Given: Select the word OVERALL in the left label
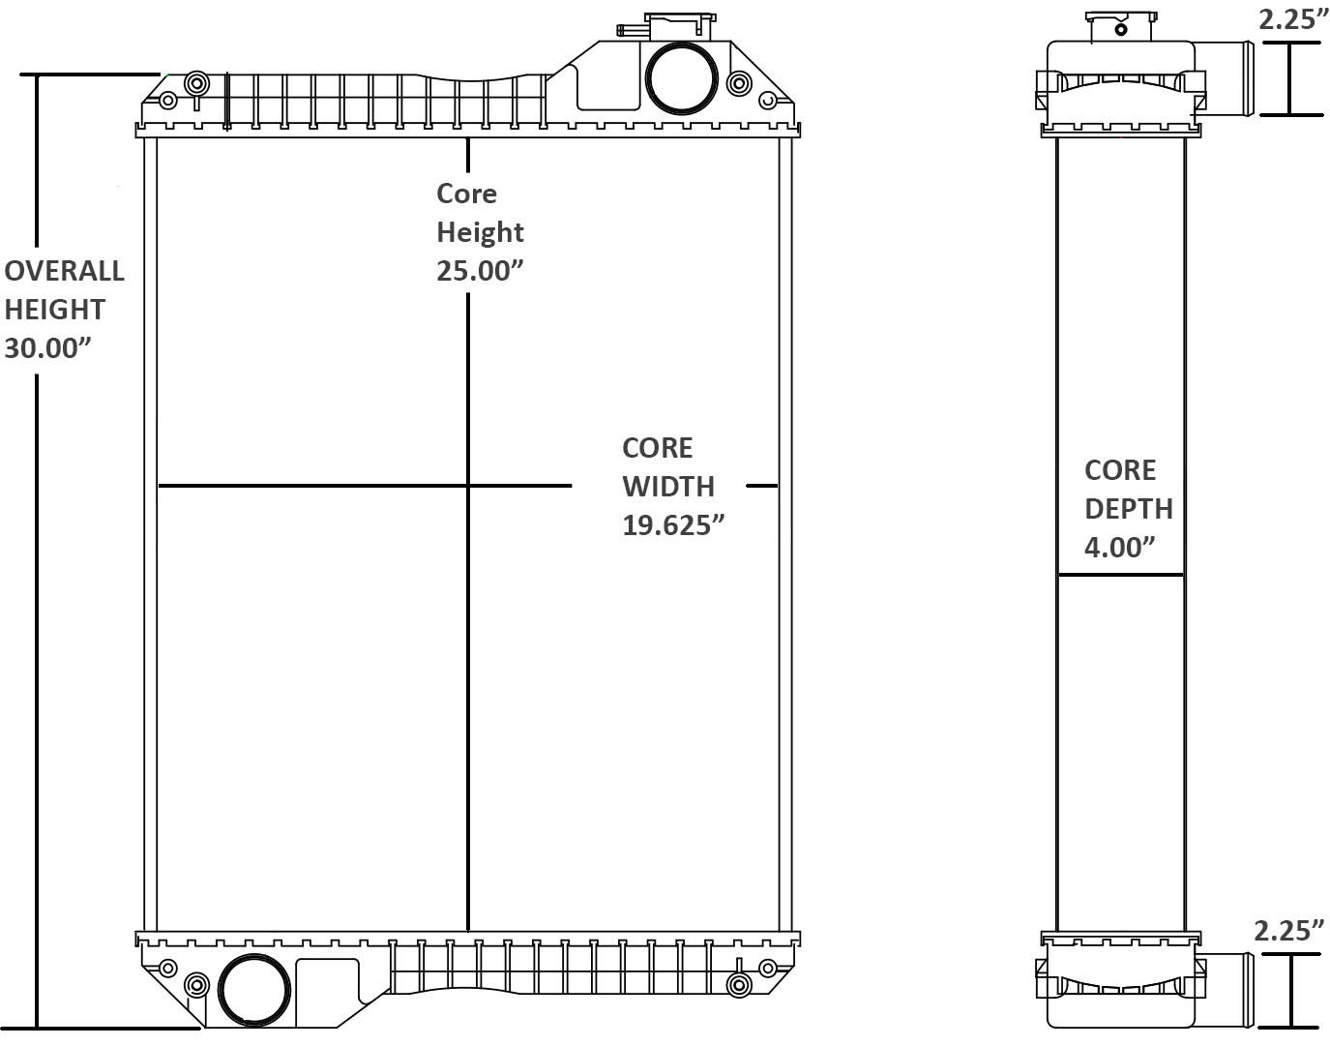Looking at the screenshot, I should [64, 271].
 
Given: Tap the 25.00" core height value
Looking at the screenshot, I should [479, 271].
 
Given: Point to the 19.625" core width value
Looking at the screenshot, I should [672, 525].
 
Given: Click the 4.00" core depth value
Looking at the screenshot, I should [1119, 548].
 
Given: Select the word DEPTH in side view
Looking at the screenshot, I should [1128, 509].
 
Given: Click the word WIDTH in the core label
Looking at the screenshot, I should [667, 487].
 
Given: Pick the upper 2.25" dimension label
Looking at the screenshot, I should [1292, 19].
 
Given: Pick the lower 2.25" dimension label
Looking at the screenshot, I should [1288, 931].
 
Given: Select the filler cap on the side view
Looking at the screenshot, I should [1120, 27].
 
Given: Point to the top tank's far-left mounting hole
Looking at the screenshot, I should [167, 101].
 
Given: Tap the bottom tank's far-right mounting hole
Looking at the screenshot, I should [768, 968].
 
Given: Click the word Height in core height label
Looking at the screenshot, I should [479, 232].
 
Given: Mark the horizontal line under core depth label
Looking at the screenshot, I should [1120, 575].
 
